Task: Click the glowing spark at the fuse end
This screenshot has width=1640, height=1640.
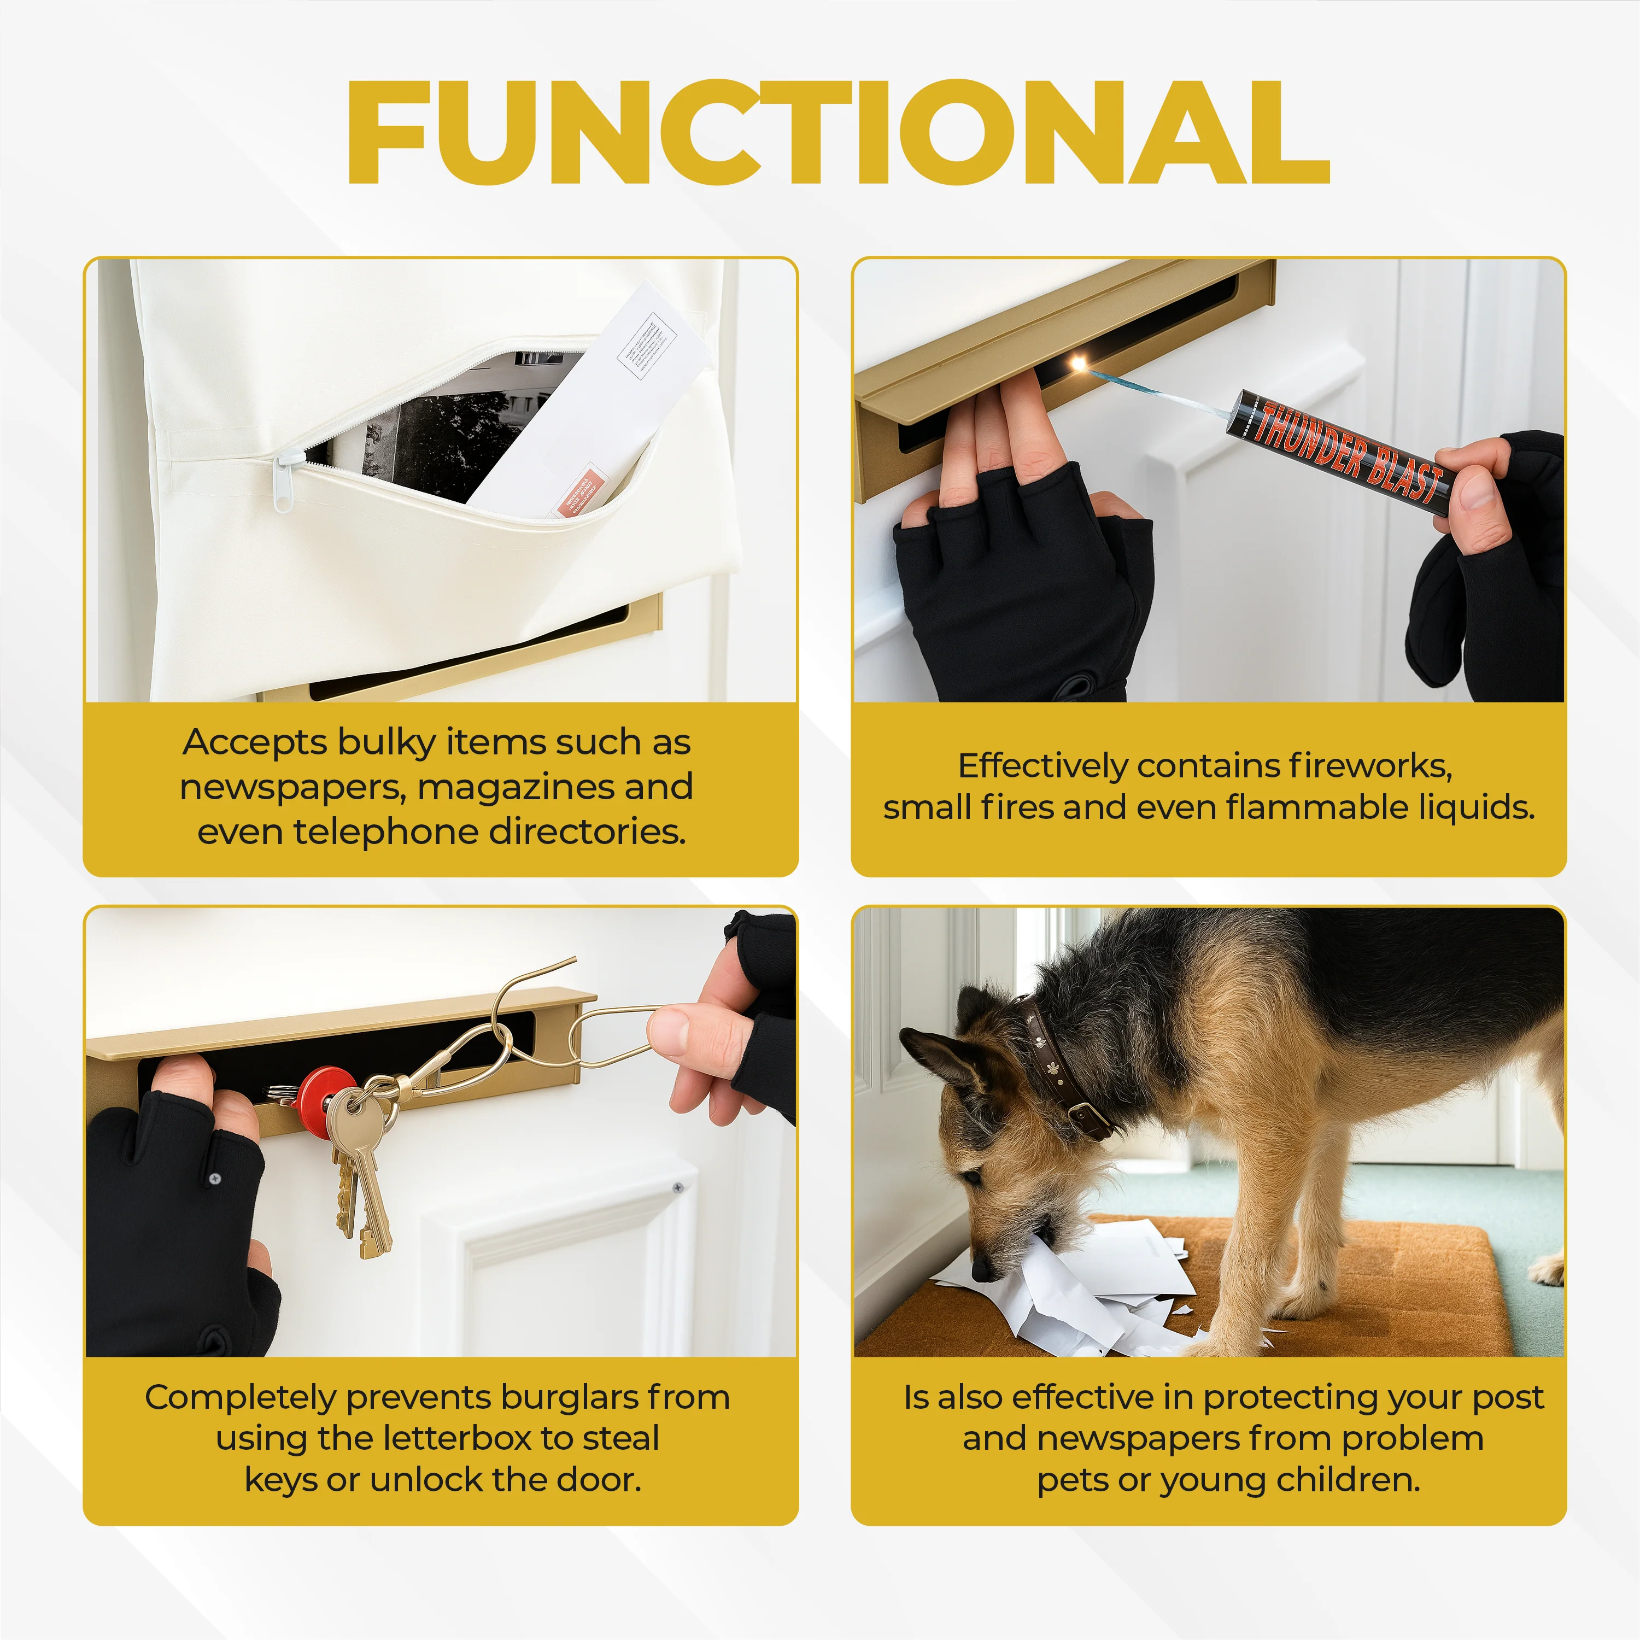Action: [x=1079, y=364]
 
